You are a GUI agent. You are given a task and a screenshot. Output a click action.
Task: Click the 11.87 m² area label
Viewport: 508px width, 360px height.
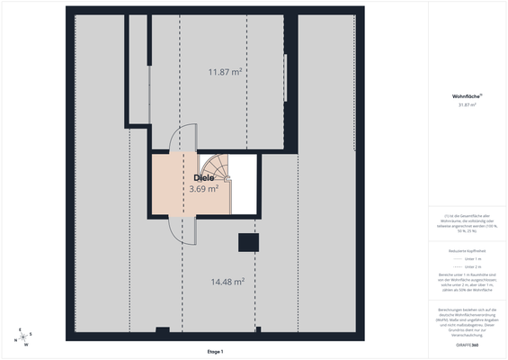pyautogui.click(x=225, y=72)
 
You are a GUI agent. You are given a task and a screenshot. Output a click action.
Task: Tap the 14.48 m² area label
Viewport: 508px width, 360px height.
pyautogui.click(x=227, y=282)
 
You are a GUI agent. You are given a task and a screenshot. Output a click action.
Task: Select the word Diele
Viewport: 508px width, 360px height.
pyautogui.click(x=204, y=178)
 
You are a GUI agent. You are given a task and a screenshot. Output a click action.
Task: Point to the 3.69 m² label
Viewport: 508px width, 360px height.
pyautogui.click(x=204, y=189)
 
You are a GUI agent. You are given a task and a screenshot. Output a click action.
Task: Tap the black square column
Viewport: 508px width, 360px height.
pyautogui.click(x=246, y=242)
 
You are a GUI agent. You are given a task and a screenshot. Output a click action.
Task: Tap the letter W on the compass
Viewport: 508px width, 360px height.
pyautogui.click(x=26, y=345)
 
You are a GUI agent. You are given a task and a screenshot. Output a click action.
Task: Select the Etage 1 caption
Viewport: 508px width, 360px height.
pyautogui.click(x=215, y=351)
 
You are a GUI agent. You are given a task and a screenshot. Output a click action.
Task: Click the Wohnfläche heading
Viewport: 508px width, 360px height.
pyautogui.click(x=468, y=95)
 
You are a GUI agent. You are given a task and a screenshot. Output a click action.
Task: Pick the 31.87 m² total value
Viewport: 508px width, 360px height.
pyautogui.click(x=467, y=105)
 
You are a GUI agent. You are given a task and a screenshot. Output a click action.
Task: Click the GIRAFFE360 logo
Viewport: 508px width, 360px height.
pyautogui.click(x=467, y=345)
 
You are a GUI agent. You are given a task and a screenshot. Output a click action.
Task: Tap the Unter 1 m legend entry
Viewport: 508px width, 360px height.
pyautogui.click(x=467, y=258)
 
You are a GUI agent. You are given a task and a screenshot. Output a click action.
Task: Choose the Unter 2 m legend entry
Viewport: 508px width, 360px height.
pyautogui.click(x=467, y=267)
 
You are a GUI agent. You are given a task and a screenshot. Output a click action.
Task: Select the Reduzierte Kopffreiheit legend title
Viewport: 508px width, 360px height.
pyautogui.click(x=467, y=248)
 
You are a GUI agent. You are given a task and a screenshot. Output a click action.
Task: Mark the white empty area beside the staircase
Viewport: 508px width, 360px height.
pyautogui.click(x=245, y=184)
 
